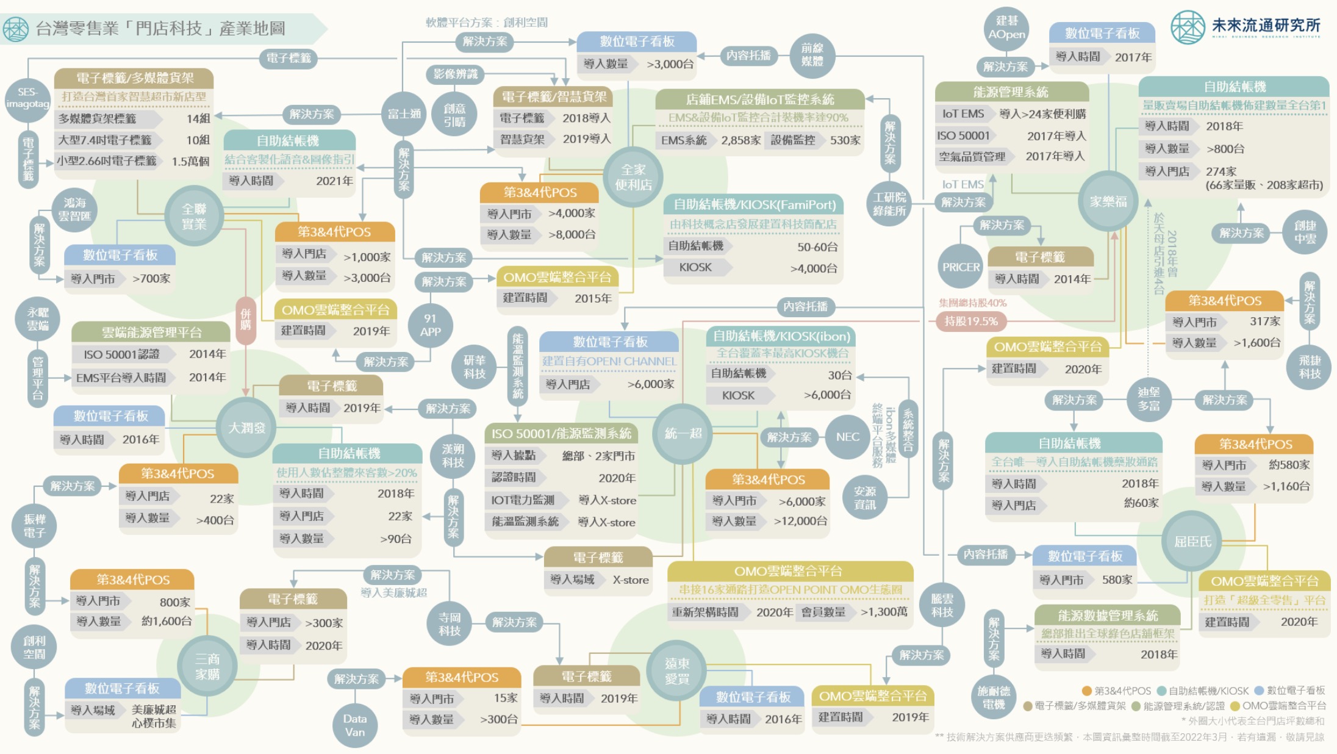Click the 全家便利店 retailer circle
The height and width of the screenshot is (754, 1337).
coord(633,177)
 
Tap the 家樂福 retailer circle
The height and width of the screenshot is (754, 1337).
coord(1108,201)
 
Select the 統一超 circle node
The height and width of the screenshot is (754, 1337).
coord(683,433)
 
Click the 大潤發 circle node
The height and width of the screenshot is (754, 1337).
coord(246,428)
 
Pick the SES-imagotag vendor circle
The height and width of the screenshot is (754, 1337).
coord(27,98)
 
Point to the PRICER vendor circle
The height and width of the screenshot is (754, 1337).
coord(961,267)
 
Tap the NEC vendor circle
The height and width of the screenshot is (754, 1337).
coord(847,437)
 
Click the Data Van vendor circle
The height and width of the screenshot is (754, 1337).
coord(354,725)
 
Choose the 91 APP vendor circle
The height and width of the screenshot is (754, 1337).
coord(430,325)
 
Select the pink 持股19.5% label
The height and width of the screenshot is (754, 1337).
coord(971,321)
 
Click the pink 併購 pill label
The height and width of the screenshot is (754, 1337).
coord(245,318)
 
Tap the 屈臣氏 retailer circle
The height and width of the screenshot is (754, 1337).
coord(1192,542)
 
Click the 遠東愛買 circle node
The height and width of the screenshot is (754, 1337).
coord(677,670)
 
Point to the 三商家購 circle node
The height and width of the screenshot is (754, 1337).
coord(207,666)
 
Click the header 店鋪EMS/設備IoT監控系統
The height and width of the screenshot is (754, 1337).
coord(759,99)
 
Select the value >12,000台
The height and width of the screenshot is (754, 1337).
coord(800,521)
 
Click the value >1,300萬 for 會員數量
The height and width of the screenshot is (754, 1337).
coord(883,612)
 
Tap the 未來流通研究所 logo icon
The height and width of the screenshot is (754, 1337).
coord(1188,27)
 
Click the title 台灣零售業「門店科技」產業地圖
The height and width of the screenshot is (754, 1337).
coord(160,28)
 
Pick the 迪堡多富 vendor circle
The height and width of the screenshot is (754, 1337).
coord(1149,399)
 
